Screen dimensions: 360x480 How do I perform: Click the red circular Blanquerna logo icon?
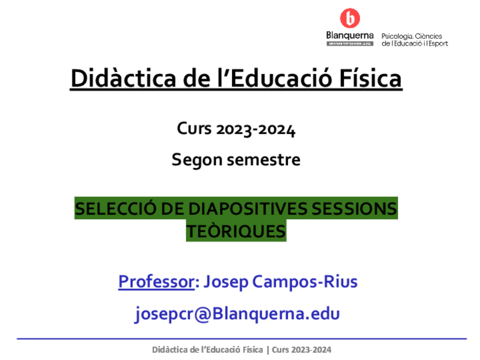click(349, 19)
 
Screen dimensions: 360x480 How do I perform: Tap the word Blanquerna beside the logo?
click(350, 36)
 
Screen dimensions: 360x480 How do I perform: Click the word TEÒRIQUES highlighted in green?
click(236, 232)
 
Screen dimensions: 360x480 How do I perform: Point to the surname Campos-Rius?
click(305, 281)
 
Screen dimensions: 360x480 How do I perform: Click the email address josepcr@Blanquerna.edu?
click(237, 314)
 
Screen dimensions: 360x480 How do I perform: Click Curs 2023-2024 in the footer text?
click(302, 350)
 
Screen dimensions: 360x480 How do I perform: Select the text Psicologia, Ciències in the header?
click(412, 36)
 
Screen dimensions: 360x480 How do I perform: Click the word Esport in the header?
click(436, 43)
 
